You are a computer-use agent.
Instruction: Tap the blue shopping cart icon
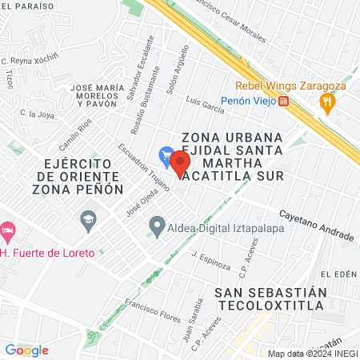166,153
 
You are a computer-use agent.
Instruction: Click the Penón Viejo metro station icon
284,101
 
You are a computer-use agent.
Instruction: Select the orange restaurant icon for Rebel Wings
326,101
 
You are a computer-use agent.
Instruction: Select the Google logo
26,350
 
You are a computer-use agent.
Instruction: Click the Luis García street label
204,104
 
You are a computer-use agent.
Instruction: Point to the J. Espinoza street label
211,260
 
